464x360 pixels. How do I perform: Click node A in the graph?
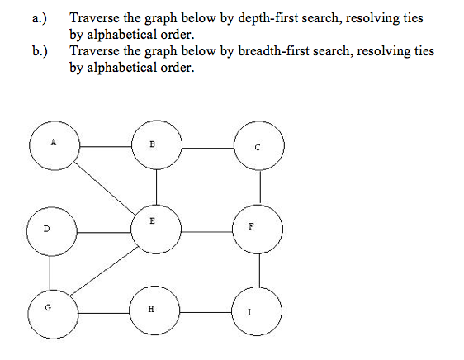click(x=54, y=145)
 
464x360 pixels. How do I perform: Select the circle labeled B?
click(x=157, y=144)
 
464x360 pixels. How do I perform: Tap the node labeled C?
click(x=259, y=145)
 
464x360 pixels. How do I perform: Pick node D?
click(x=52, y=231)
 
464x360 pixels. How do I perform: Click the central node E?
click(x=156, y=230)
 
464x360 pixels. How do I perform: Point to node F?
click(x=258, y=229)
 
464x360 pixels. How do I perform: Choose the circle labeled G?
click(x=53, y=314)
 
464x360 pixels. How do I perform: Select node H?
click(x=154, y=310)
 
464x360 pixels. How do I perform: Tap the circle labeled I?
click(x=257, y=311)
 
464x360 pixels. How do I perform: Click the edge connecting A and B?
click(x=106, y=146)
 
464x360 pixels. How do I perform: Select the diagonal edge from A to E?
click(x=105, y=187)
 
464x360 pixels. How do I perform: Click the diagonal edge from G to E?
click(x=104, y=270)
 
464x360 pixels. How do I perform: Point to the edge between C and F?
click(x=260, y=187)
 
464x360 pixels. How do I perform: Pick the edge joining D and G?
click(x=50, y=272)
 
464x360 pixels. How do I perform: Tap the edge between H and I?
click(x=206, y=312)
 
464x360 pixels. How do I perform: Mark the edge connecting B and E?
click(x=157, y=187)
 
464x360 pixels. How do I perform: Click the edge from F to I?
click(x=259, y=270)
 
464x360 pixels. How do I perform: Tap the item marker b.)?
click(x=40, y=51)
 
